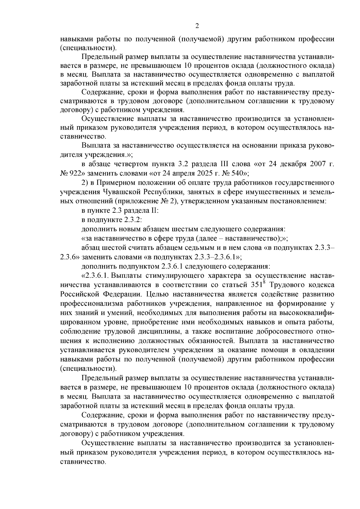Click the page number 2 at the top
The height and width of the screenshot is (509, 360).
[x=197, y=26]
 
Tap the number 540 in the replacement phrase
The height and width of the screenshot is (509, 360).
[x=235, y=173]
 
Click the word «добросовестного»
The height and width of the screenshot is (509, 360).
[x=283, y=331]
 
